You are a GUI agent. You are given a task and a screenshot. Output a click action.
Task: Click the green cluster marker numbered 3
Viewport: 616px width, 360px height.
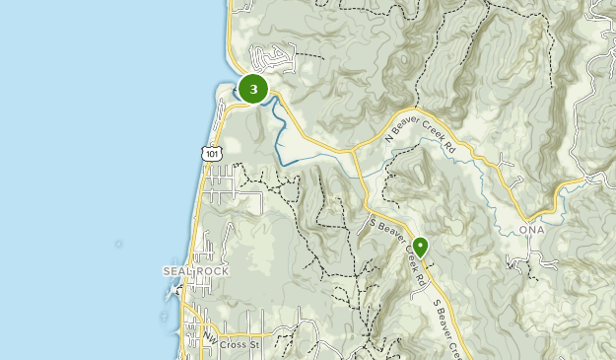[254, 90]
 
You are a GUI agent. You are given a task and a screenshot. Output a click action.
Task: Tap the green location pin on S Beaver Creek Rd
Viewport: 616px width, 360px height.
[421, 247]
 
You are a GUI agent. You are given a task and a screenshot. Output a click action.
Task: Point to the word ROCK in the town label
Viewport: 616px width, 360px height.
[212, 271]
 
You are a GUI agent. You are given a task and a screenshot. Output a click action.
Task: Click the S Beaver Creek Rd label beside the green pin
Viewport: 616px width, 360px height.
[397, 252]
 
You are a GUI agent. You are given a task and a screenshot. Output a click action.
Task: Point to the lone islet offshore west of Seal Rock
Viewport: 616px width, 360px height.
[119, 243]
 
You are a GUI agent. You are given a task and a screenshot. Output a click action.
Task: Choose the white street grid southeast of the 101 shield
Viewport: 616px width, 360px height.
[237, 187]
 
